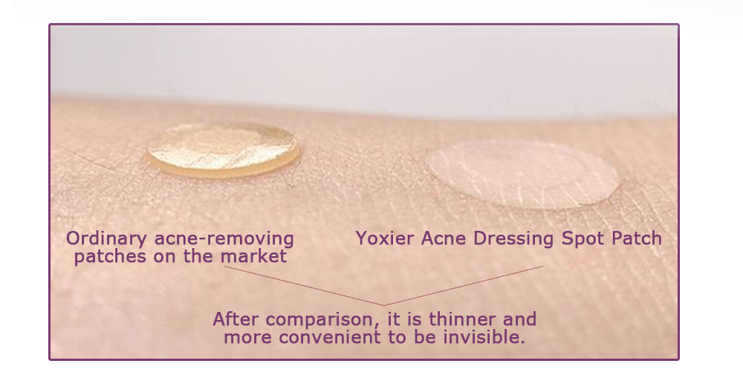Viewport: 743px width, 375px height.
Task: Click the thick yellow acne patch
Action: (223, 149)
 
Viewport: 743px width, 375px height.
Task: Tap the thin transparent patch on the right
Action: (523, 175)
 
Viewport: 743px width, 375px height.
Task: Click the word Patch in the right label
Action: (637, 239)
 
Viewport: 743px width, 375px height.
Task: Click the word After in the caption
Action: (234, 320)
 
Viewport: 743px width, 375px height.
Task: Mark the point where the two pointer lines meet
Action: (384, 305)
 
